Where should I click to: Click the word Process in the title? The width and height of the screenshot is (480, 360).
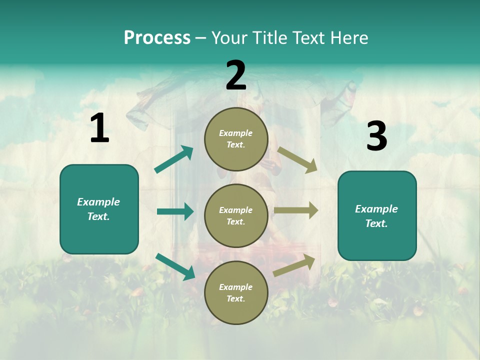(157, 37)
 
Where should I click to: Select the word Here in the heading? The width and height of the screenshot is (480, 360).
(348, 37)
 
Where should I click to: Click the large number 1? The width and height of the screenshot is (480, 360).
(99, 128)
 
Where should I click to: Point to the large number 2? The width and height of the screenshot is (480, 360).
(236, 75)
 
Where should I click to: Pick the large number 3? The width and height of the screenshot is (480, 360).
(376, 136)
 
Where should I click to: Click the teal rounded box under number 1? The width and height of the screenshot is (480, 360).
(99, 209)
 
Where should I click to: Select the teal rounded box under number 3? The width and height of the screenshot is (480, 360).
(377, 215)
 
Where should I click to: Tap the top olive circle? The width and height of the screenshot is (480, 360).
(236, 138)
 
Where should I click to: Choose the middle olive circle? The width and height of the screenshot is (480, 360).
(236, 215)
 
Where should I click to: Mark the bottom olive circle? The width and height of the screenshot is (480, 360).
(236, 292)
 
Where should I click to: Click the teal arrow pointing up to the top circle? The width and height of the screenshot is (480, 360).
(174, 159)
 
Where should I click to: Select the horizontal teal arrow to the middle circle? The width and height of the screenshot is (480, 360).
(175, 211)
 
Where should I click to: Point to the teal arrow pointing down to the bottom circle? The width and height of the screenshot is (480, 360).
(175, 266)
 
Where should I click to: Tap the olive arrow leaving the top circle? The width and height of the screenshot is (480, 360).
(297, 160)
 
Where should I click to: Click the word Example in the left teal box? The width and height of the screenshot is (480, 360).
(98, 202)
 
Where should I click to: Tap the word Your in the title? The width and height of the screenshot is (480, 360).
(229, 37)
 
